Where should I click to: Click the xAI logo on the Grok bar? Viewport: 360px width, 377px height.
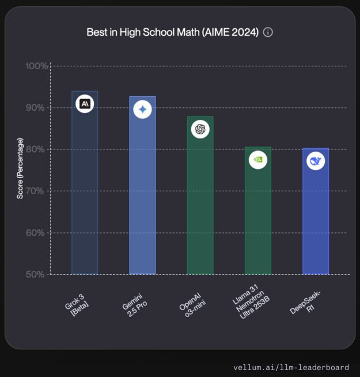85,104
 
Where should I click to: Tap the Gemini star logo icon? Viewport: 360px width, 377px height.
142,110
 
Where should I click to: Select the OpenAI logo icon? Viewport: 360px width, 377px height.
200,130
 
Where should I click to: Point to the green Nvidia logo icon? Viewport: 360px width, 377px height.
257,160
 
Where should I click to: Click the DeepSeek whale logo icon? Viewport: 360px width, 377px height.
316,161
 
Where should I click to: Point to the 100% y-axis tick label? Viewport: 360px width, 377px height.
36,66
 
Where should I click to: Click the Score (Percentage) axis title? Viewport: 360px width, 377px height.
20,168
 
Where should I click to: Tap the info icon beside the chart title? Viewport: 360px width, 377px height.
268,32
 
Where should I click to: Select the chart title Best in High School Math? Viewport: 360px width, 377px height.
172,32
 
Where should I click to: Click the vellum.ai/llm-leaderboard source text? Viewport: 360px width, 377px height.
291,367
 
